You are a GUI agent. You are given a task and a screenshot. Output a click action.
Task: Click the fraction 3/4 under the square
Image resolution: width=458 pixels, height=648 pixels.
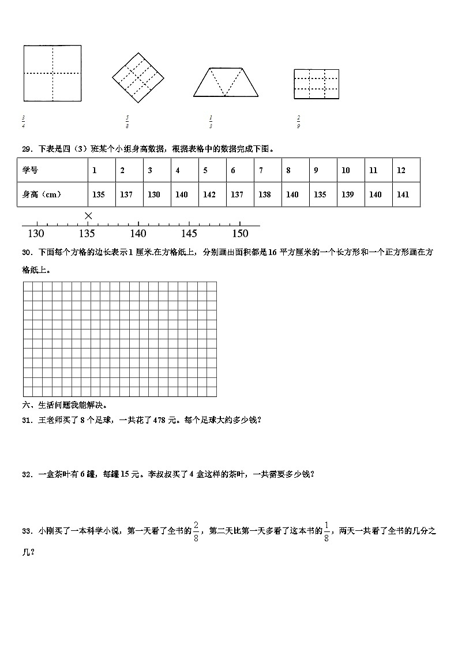pos(23,121)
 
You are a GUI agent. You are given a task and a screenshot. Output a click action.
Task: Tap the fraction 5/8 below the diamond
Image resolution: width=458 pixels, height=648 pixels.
pos(127,121)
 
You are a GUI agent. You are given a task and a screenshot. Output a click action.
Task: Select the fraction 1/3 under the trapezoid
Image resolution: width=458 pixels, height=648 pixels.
pos(211,121)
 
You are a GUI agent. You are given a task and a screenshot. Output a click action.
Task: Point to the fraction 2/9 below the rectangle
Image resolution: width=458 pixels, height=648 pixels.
pos(298,121)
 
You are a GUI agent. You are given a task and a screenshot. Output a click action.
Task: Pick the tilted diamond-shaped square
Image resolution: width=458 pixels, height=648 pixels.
pos(137,77)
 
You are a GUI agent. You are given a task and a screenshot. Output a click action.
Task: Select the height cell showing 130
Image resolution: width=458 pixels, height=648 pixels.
pos(154,194)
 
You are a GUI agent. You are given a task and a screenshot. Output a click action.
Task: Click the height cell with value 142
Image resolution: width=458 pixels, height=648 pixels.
pos(209,194)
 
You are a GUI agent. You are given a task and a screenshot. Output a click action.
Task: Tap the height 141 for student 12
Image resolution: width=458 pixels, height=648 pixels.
pos(403,194)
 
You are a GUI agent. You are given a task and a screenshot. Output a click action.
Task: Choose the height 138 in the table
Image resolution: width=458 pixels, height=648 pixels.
pos(265,194)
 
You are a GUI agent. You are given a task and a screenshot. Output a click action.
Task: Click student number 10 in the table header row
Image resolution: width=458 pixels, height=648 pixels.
pos(346,170)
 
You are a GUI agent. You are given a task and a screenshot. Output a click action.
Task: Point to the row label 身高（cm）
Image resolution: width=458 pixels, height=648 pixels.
pos(42,194)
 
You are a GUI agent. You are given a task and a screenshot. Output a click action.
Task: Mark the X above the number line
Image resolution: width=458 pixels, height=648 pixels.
pos(88,215)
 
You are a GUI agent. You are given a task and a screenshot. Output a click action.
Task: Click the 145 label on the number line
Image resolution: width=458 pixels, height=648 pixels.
pos(189,234)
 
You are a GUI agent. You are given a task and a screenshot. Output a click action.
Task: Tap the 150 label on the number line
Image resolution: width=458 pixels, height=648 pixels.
pos(240,234)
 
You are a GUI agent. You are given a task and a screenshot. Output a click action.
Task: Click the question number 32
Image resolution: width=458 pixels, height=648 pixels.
pos(27,474)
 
